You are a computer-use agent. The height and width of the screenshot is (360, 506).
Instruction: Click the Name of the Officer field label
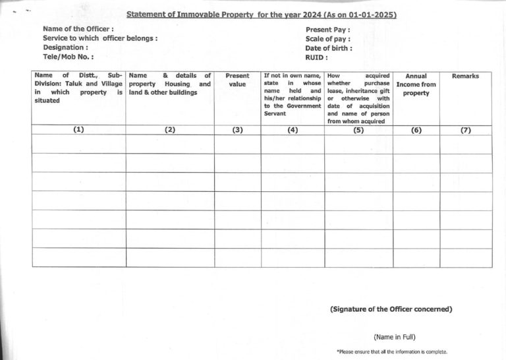78,29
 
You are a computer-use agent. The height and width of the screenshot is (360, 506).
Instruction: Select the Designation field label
65,47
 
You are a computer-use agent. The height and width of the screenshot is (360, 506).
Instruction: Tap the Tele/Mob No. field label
68,57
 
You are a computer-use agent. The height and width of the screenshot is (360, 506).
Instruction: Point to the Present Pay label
327,30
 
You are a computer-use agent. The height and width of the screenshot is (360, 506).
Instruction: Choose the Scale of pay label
327,39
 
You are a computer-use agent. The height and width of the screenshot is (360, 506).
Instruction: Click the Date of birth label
329,48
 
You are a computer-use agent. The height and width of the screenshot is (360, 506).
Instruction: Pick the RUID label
317,57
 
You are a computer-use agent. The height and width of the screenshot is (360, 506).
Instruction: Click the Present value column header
237,80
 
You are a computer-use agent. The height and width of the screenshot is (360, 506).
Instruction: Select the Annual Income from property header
416,84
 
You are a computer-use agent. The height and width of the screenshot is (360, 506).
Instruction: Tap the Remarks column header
465,76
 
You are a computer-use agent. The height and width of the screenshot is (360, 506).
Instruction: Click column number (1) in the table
78,130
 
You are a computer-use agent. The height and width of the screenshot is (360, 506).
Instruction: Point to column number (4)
293,130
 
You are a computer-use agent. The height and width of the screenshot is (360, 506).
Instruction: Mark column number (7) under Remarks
465,130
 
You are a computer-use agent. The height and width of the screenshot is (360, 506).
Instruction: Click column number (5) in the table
358,130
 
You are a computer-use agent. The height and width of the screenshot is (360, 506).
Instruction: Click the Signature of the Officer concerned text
391,309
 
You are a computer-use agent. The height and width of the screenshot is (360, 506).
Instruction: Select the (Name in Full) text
395,337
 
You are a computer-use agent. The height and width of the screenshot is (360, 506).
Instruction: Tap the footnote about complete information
391,352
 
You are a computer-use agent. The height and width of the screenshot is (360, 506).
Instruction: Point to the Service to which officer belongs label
100,38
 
